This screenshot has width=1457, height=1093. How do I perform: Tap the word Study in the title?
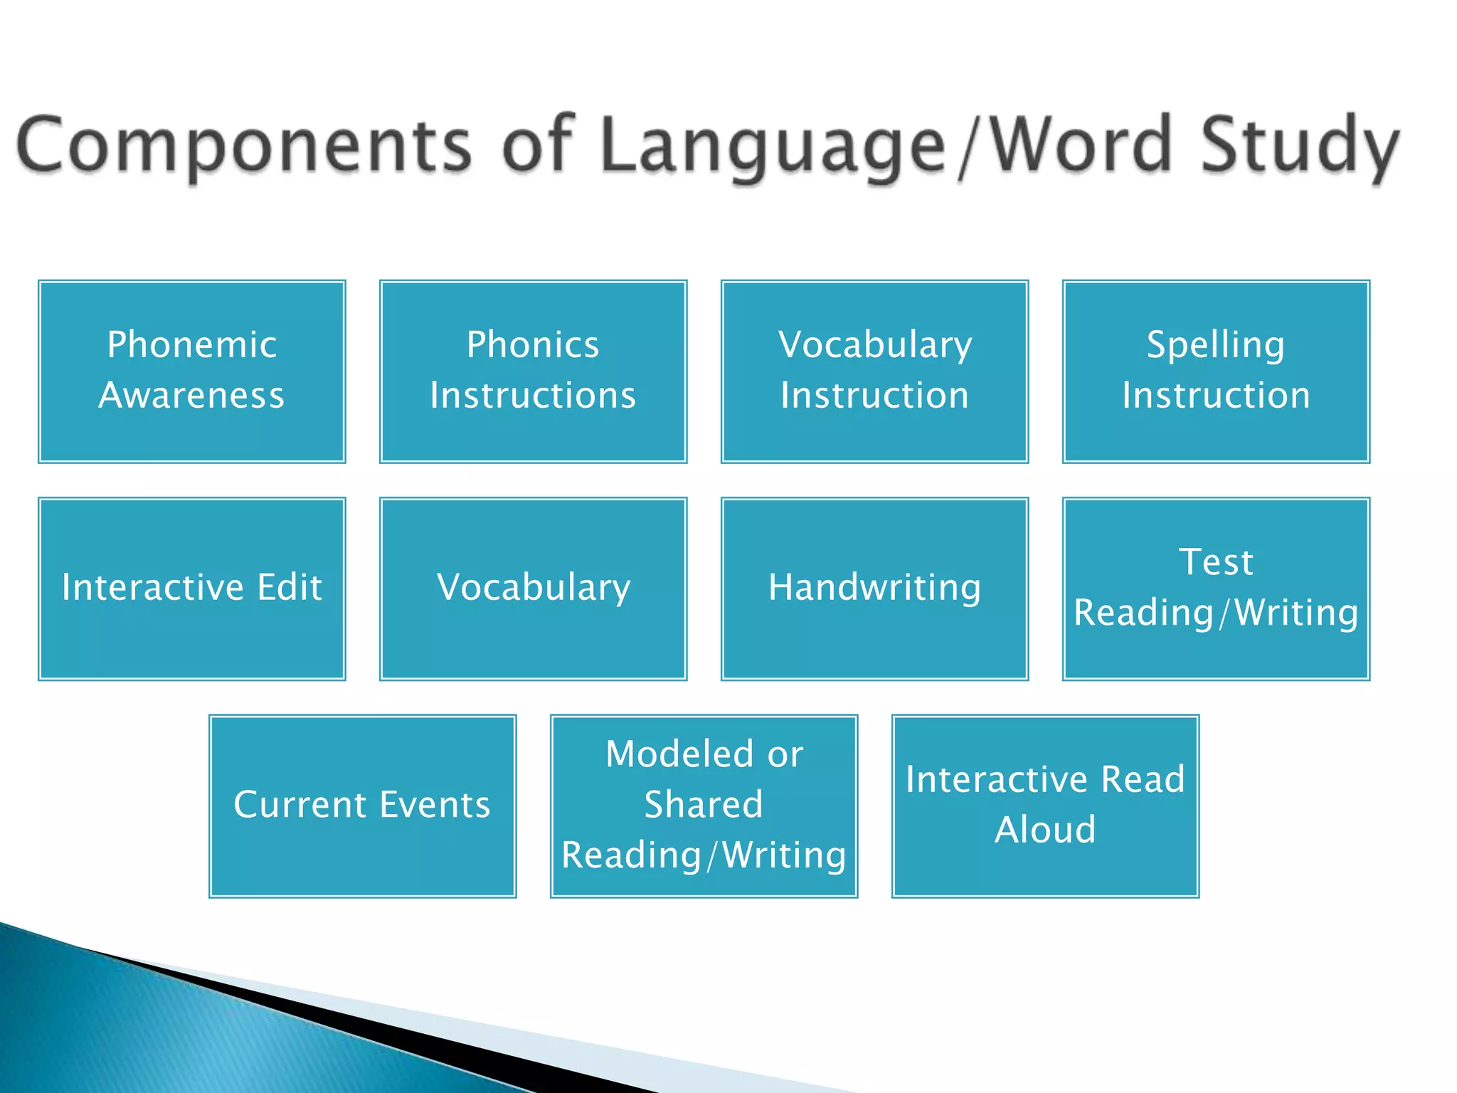[x=1300, y=146]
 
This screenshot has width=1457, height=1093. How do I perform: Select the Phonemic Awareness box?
[x=192, y=371]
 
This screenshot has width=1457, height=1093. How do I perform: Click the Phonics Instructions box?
[x=533, y=371]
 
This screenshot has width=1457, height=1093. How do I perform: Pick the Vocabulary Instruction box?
[x=874, y=371]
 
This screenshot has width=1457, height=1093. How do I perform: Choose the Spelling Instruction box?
[x=1216, y=371]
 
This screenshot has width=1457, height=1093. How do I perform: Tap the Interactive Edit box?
[x=192, y=588]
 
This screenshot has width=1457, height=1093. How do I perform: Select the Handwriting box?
[x=874, y=588]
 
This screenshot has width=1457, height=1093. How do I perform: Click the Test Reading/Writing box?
[x=1216, y=588]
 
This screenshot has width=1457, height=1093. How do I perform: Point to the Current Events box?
[x=362, y=806]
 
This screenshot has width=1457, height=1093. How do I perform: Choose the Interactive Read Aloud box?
[x=1045, y=806]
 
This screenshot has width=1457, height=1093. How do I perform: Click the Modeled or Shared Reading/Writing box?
[x=704, y=806]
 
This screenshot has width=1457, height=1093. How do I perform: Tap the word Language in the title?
[x=772, y=146]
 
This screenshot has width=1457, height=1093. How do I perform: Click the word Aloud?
[x=1045, y=830]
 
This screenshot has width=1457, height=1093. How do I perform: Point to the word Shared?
[x=704, y=805]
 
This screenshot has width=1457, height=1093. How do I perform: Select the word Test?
[x=1216, y=562]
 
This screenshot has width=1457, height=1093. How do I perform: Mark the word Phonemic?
[x=192, y=345]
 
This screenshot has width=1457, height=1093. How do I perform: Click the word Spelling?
[x=1216, y=345]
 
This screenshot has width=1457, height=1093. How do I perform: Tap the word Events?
[x=435, y=805]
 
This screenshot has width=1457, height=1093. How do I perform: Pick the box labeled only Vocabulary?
[x=533, y=588]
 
